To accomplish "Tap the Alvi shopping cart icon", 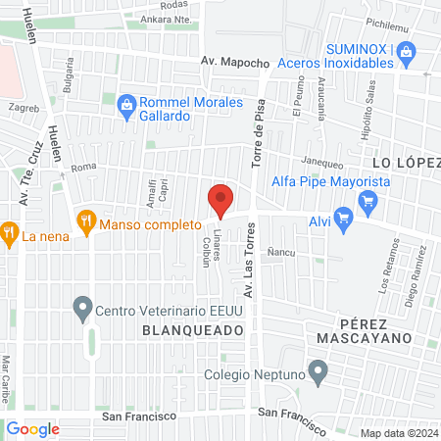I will pos(342,218).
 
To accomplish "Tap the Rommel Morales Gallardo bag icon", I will pos(125,103).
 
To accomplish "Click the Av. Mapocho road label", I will pos(235,62).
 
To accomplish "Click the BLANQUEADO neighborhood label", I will pos(192,331).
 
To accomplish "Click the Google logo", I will pos(33,428).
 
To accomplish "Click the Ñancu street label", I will pos(281,251).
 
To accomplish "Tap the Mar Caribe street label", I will pos(8,370).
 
